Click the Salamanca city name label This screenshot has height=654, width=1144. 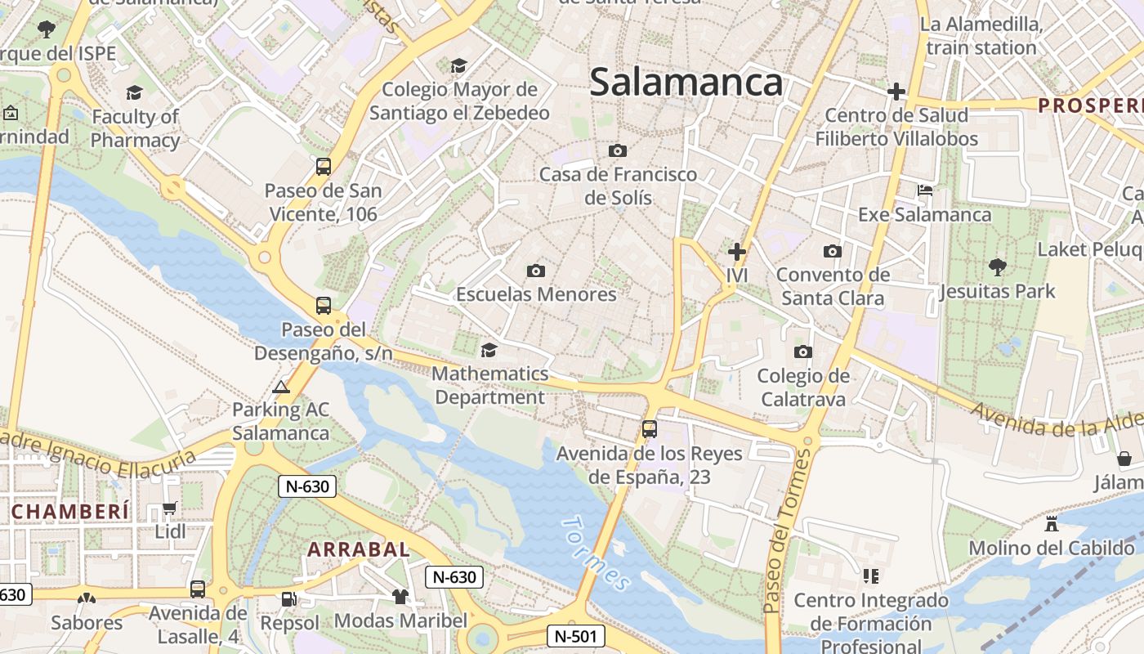point(686,83)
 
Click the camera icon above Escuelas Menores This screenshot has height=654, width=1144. point(536,271)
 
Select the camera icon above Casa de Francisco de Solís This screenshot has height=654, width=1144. point(618,150)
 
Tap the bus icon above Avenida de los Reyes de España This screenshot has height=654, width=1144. point(650,428)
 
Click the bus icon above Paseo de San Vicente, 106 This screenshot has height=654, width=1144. point(324,167)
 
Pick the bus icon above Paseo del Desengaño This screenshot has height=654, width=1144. point(324,306)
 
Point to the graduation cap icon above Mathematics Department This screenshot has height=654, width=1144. point(489,350)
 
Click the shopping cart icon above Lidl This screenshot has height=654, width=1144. point(170,508)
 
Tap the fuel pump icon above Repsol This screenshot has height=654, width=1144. point(288,598)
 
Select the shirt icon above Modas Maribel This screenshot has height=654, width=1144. point(400,597)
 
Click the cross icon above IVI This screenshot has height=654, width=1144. point(737,251)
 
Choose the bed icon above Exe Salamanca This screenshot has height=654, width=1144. point(925,190)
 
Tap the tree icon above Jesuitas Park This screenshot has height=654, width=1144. point(997,267)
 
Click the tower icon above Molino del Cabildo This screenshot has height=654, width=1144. point(1052,523)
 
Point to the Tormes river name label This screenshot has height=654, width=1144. point(597,553)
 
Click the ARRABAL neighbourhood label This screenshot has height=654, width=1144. point(359,549)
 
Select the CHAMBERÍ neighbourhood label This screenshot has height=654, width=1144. point(71,512)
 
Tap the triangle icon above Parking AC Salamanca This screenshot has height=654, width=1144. point(281,387)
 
